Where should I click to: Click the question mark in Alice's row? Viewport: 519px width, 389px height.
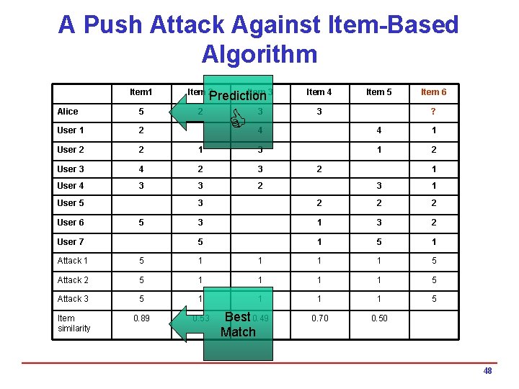coord(433,112)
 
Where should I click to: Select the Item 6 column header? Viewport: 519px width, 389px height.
coord(433,92)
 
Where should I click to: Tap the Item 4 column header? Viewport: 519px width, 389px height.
coord(319,92)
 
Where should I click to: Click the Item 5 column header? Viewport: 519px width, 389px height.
coord(379,92)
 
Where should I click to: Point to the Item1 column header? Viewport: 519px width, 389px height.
coord(141,92)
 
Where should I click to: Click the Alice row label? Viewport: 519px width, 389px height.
coord(68,112)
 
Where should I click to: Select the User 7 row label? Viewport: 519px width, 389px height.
coord(71,242)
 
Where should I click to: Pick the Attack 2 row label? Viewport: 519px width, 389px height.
coord(74,280)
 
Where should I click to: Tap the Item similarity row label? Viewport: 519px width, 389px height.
coord(74,323)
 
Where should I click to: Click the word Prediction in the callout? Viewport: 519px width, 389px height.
coord(238,95)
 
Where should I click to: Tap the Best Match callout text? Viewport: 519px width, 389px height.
coord(238,324)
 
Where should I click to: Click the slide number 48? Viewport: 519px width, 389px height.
coord(487,371)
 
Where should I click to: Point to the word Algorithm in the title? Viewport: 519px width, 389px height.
coord(259,54)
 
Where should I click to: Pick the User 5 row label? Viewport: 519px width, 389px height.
coord(71,204)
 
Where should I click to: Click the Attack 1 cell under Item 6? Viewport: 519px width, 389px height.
coord(433,261)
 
